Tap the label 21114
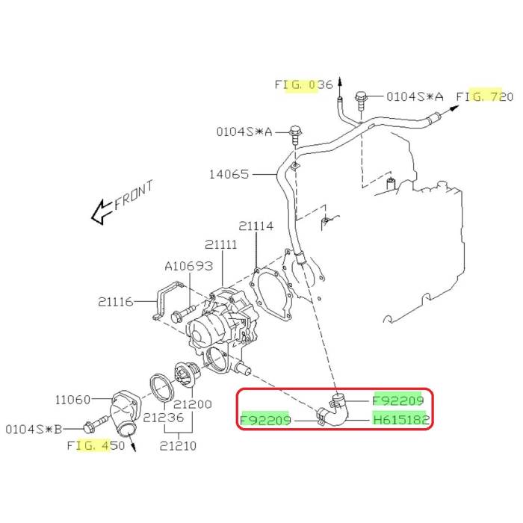pyautogui.click(x=256, y=226)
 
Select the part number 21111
pyautogui.click(x=222, y=245)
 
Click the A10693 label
pyautogui.click(x=189, y=266)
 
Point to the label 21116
pyautogui.click(x=115, y=302)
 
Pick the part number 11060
pyautogui.click(x=73, y=400)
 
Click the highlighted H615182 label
pyautogui.click(x=401, y=421)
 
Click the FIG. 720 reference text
pyautogui.click(x=485, y=96)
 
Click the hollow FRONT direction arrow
pyautogui.click(x=100, y=214)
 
